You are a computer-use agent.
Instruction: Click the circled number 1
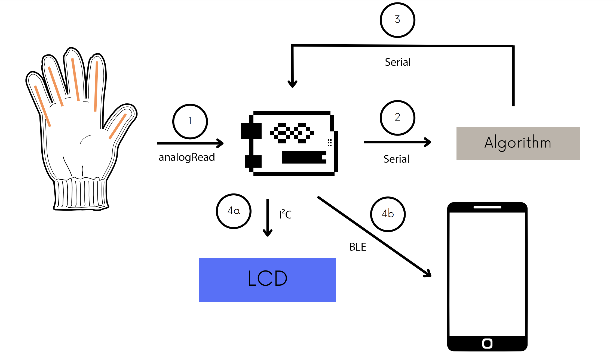point(190,121)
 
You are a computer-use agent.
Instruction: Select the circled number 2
point(397,118)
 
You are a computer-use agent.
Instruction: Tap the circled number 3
point(397,20)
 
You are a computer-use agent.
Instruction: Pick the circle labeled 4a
point(234,211)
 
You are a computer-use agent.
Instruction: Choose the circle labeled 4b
point(388,214)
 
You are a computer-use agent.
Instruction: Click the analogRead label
point(187,157)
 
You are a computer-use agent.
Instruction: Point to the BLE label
point(358,247)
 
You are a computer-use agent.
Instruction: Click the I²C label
point(285,214)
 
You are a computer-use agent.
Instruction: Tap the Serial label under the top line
point(397,62)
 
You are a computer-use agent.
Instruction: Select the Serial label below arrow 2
point(396,159)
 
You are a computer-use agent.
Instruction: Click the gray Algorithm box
point(518,143)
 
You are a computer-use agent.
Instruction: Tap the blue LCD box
point(268,280)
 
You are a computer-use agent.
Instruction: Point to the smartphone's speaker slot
point(487,207)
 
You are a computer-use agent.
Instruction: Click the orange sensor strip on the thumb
point(118,126)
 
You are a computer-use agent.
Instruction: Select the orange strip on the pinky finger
point(42,106)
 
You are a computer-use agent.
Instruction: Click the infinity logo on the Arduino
point(292,133)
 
